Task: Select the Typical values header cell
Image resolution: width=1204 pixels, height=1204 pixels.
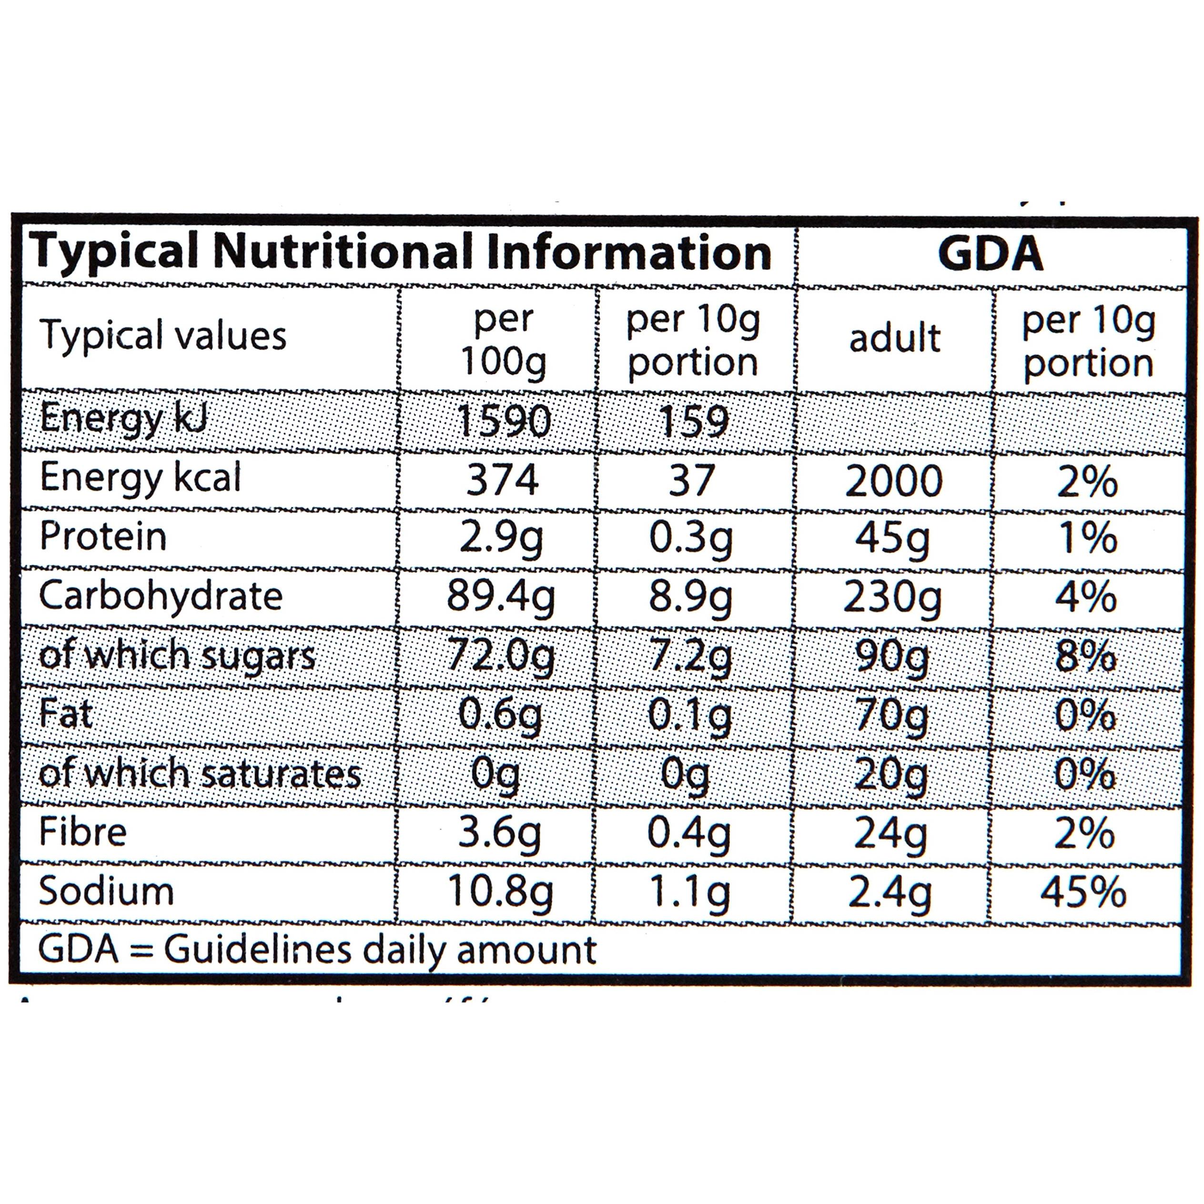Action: click(x=163, y=336)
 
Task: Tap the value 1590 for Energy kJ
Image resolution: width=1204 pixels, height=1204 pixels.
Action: click(x=504, y=421)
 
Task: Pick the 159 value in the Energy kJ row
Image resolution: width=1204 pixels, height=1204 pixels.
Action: click(x=694, y=421)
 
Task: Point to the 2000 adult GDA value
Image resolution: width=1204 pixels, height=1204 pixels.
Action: click(x=894, y=481)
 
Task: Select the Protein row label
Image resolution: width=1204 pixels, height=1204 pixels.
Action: click(x=103, y=536)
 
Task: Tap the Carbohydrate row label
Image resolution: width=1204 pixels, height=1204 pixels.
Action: click(x=161, y=596)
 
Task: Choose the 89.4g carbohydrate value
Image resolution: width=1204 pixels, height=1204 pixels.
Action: click(x=500, y=597)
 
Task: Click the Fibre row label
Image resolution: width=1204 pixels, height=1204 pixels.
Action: click(x=82, y=832)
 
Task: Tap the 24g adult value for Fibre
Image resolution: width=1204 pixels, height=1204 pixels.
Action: click(x=890, y=834)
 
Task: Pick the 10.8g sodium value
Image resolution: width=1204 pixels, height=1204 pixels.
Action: click(x=500, y=893)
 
